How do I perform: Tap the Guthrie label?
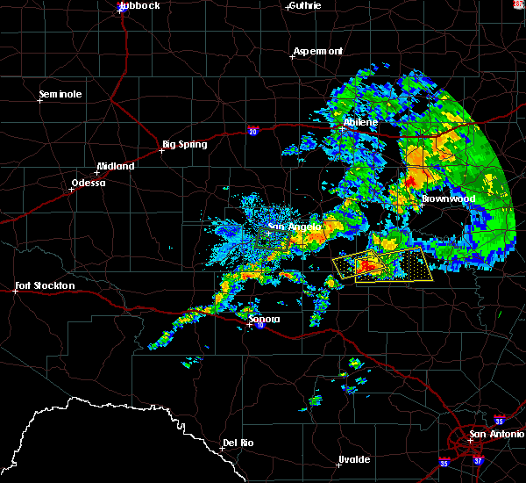(x=303, y=5)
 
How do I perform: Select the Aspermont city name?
(x=317, y=51)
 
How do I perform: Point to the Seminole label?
(x=60, y=94)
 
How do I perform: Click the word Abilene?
(x=360, y=122)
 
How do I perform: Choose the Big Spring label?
(x=185, y=144)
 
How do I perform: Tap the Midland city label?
(x=116, y=166)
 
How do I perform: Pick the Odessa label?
(x=88, y=183)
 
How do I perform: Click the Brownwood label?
(x=448, y=199)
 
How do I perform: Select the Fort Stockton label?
(x=46, y=285)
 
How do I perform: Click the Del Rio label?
(x=238, y=443)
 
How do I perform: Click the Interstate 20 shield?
(x=253, y=132)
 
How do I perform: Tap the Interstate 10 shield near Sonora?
(x=259, y=326)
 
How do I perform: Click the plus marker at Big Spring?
(x=161, y=150)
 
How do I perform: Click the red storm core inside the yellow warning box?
(x=368, y=264)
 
